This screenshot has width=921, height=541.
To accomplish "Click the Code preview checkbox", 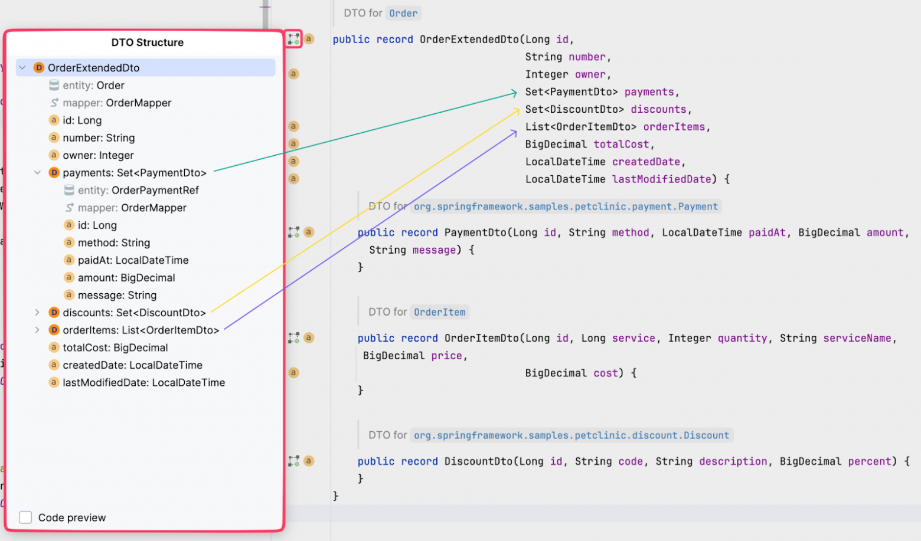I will pyautogui.click(x=25, y=517).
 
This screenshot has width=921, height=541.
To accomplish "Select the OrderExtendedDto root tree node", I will pyautogui.click(x=93, y=68).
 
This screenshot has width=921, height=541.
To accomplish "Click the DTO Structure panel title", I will pyautogui.click(x=147, y=42).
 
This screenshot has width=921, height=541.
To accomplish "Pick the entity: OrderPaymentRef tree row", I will pyautogui.click(x=138, y=191).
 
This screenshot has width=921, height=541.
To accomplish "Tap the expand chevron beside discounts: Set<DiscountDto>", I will pyautogui.click(x=37, y=313).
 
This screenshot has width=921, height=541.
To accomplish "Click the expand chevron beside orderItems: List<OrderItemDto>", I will pyautogui.click(x=37, y=330).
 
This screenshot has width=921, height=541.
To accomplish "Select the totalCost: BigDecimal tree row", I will pyautogui.click(x=115, y=347).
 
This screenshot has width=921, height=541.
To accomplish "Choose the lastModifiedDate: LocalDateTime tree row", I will pyautogui.click(x=143, y=383).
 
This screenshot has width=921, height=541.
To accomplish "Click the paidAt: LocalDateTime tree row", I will pyautogui.click(x=133, y=260).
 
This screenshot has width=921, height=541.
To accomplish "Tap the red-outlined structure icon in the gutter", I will pyautogui.click(x=293, y=39).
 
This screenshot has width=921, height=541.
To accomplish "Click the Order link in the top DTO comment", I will pyautogui.click(x=403, y=14).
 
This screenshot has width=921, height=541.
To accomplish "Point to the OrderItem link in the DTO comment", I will pyautogui.click(x=439, y=312).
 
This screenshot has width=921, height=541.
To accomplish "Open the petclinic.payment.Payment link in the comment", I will pyautogui.click(x=566, y=206).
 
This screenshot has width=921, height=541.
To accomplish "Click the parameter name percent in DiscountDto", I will pyautogui.click(x=870, y=461).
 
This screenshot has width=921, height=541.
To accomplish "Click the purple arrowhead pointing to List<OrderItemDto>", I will pyautogui.click(x=514, y=133).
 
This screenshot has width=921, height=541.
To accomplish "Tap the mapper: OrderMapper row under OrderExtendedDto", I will pyautogui.click(x=116, y=103).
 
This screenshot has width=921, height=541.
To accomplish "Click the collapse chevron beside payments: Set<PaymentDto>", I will pyautogui.click(x=37, y=173).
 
